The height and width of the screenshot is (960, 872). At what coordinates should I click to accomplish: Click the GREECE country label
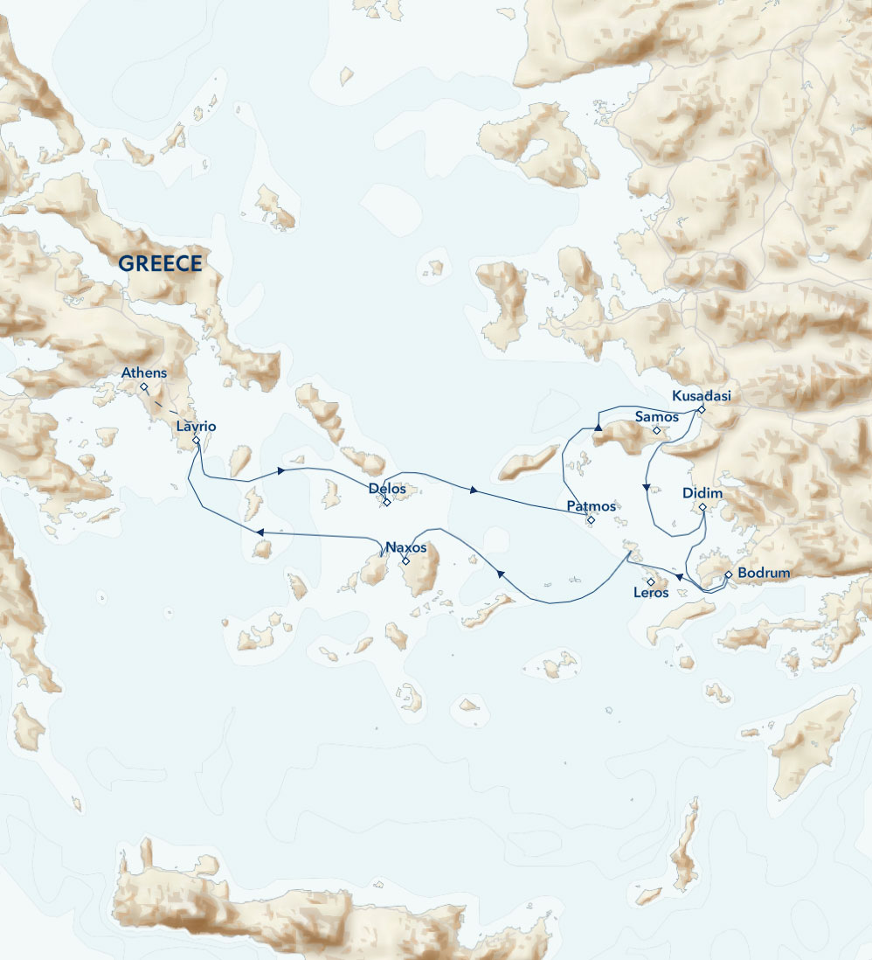pos(160,263)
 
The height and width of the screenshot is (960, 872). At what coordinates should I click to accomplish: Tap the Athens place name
pos(144,373)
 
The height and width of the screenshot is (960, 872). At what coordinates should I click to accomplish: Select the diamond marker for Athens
pos(144,387)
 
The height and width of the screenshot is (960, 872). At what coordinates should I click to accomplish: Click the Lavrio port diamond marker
pos(196,440)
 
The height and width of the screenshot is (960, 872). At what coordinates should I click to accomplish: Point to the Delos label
pos(387,489)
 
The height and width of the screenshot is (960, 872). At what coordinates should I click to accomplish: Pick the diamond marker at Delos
pos(386,503)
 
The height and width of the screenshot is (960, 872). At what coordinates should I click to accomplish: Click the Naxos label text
pos(406,547)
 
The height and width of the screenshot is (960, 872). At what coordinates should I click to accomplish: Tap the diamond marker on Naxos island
pos(405,561)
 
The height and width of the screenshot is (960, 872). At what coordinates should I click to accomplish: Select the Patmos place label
pos(591,506)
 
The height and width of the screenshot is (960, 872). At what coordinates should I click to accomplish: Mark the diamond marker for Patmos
pos(591,520)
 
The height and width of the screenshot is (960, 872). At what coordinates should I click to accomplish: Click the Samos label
pos(657,417)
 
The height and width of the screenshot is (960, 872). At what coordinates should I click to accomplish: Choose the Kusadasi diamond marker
pos(702,409)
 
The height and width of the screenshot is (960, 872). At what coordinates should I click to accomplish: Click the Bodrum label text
pos(764,574)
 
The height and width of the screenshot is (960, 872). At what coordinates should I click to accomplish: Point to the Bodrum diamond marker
pos(729,574)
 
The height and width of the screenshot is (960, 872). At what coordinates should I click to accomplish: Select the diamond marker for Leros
pos(651,581)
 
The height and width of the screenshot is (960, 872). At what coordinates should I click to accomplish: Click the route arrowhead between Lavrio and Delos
pos(280,470)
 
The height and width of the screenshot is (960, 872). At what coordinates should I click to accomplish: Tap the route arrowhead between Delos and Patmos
pos(473,491)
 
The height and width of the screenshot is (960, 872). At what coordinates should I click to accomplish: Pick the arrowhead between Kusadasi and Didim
pos(646,488)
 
